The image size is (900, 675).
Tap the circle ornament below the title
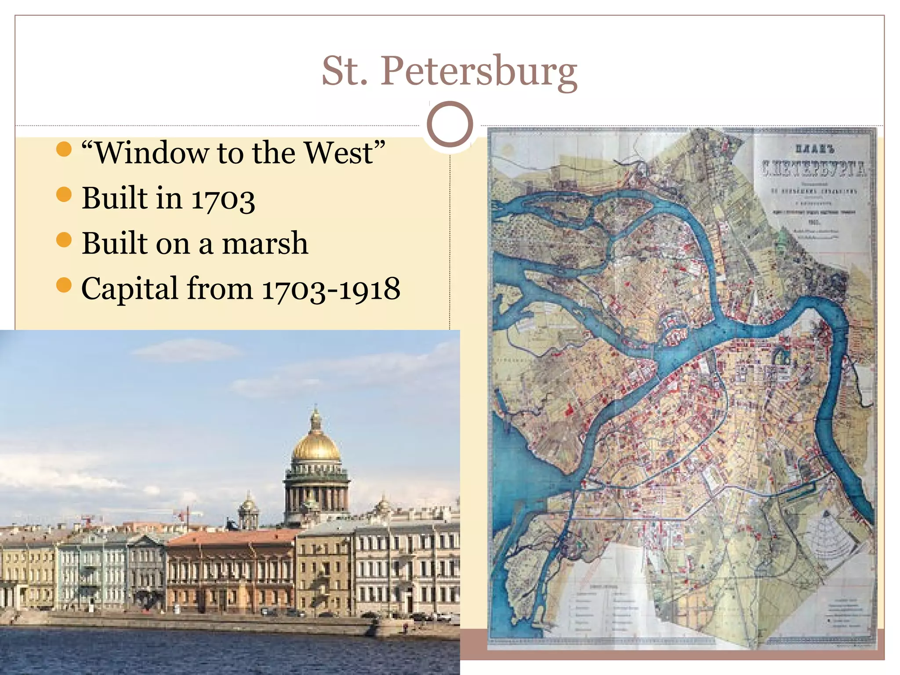point(450,124)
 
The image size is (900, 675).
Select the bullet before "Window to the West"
point(64,149)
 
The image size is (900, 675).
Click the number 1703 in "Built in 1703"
point(223,199)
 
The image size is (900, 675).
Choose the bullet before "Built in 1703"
point(64,194)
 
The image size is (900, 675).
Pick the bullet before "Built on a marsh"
point(64,240)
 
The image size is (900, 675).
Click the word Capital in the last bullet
point(130,289)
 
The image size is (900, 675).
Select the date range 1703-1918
point(331,289)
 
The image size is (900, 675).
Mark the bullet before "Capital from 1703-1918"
point(64,285)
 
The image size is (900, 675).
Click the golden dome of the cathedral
point(316,444)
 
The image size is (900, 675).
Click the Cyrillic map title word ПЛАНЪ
point(814,149)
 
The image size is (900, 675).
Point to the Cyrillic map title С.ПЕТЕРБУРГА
point(814,168)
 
